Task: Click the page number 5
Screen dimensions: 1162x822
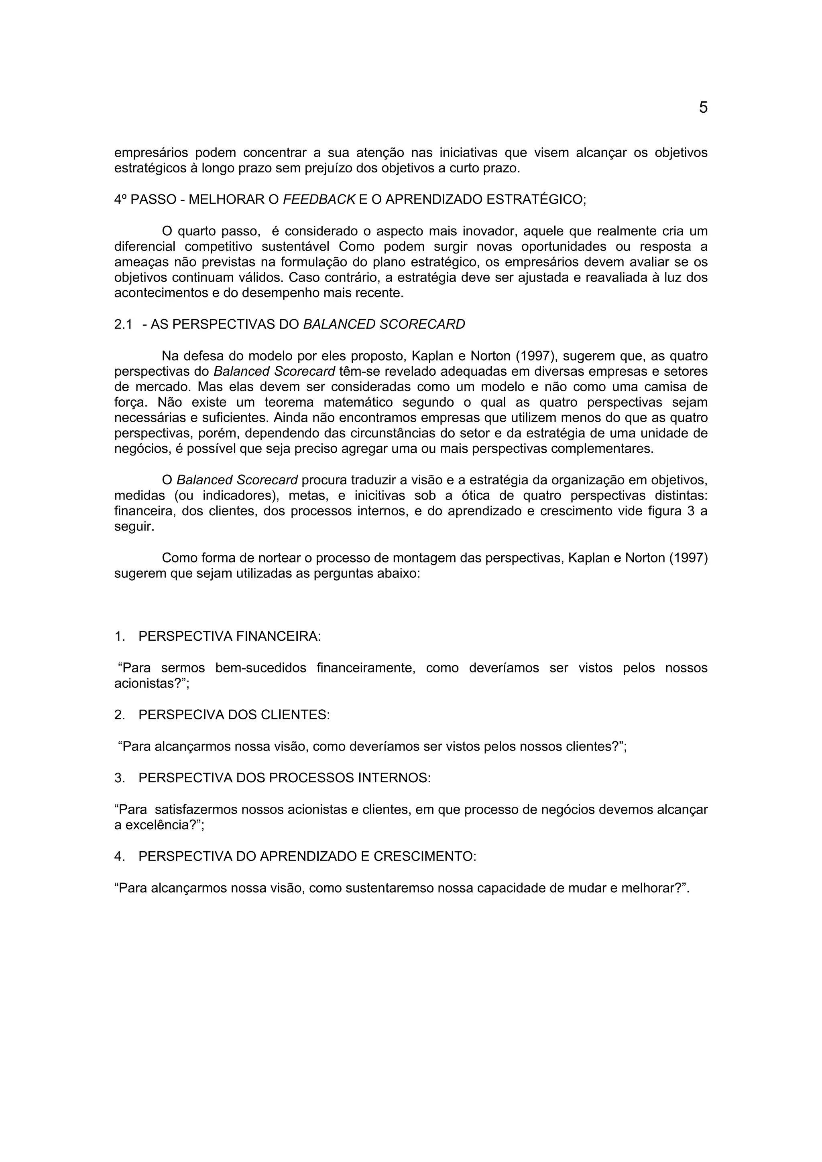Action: point(703,108)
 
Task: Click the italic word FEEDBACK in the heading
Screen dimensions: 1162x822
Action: point(319,199)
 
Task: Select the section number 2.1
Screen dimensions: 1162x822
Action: point(123,324)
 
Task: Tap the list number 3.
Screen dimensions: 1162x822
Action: point(119,778)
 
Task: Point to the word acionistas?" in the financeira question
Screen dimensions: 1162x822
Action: point(151,684)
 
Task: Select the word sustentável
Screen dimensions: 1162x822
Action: point(295,247)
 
